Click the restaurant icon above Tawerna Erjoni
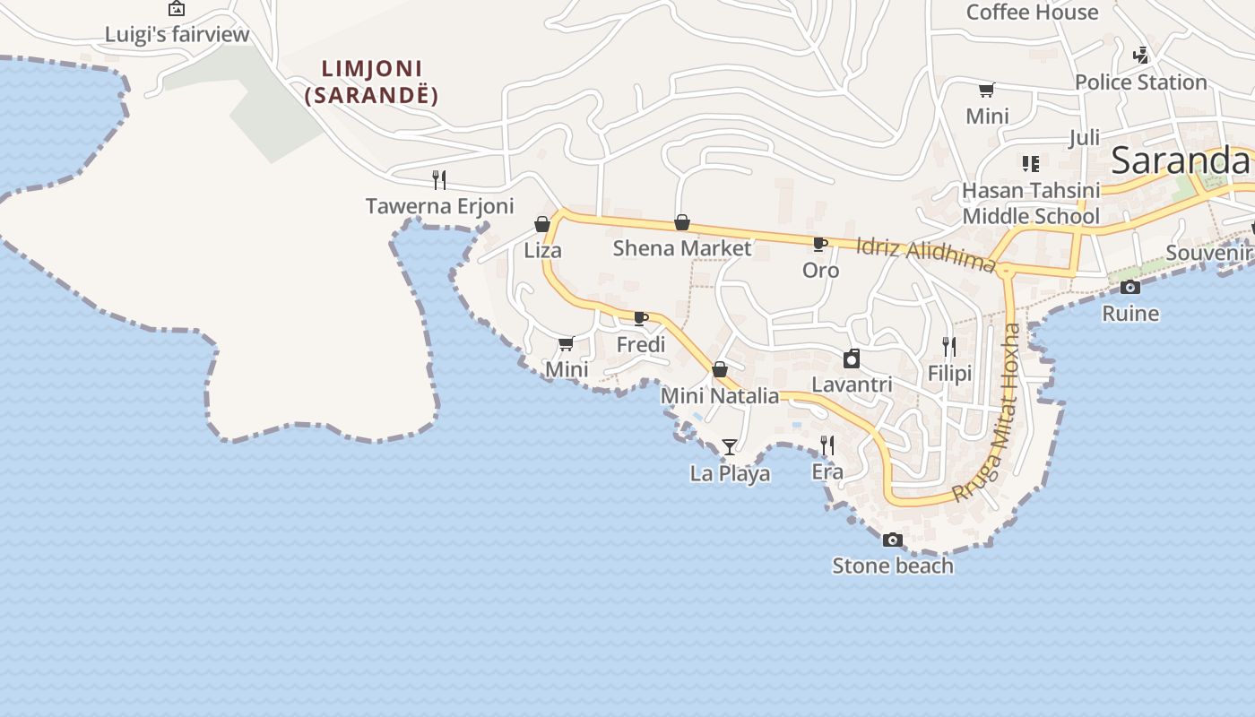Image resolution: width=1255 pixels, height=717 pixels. pos(439,180)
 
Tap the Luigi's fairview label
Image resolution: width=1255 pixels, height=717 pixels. pos(177,35)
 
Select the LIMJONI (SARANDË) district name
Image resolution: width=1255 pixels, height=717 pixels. pos(372,82)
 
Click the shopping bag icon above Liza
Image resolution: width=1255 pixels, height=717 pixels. pos(542,224)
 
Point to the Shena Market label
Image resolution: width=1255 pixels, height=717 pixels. pos(681,248)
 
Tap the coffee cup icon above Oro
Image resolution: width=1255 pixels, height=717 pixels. pos(819,244)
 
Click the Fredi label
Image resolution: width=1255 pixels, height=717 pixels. pos(641,345)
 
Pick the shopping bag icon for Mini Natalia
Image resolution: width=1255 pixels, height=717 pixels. pos(719,369)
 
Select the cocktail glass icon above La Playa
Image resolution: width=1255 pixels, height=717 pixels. pos(730,446)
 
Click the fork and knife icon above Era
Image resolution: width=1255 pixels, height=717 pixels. pos(827,445)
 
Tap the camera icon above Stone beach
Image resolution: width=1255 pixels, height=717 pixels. pos(892,540)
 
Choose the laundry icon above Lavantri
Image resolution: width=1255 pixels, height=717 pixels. pos(852,359)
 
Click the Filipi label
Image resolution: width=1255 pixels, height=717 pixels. pos(949,373)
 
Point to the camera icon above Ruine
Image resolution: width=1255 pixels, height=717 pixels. pos(1130,288)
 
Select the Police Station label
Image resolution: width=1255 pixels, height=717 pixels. pos(1140,82)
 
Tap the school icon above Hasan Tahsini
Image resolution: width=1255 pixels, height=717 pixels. pos(1031,164)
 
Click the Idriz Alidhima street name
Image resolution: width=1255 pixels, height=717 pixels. pos(926,254)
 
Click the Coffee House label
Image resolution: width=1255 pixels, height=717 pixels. pos(1032,13)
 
